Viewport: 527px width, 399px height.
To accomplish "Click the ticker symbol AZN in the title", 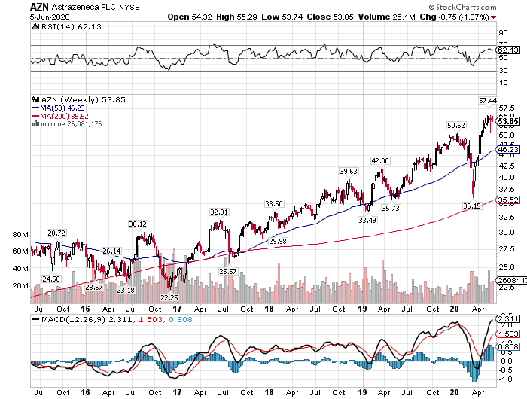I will point(41,6).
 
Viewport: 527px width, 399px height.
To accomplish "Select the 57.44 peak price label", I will point(488,100).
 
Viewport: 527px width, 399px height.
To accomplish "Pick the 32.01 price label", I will point(218,191).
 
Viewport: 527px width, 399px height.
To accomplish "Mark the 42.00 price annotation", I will point(380,161).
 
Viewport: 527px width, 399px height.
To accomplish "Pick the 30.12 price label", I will point(138,203).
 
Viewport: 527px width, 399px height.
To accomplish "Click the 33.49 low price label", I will point(367,221).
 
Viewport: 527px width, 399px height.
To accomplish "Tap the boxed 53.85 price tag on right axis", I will point(508,121).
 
